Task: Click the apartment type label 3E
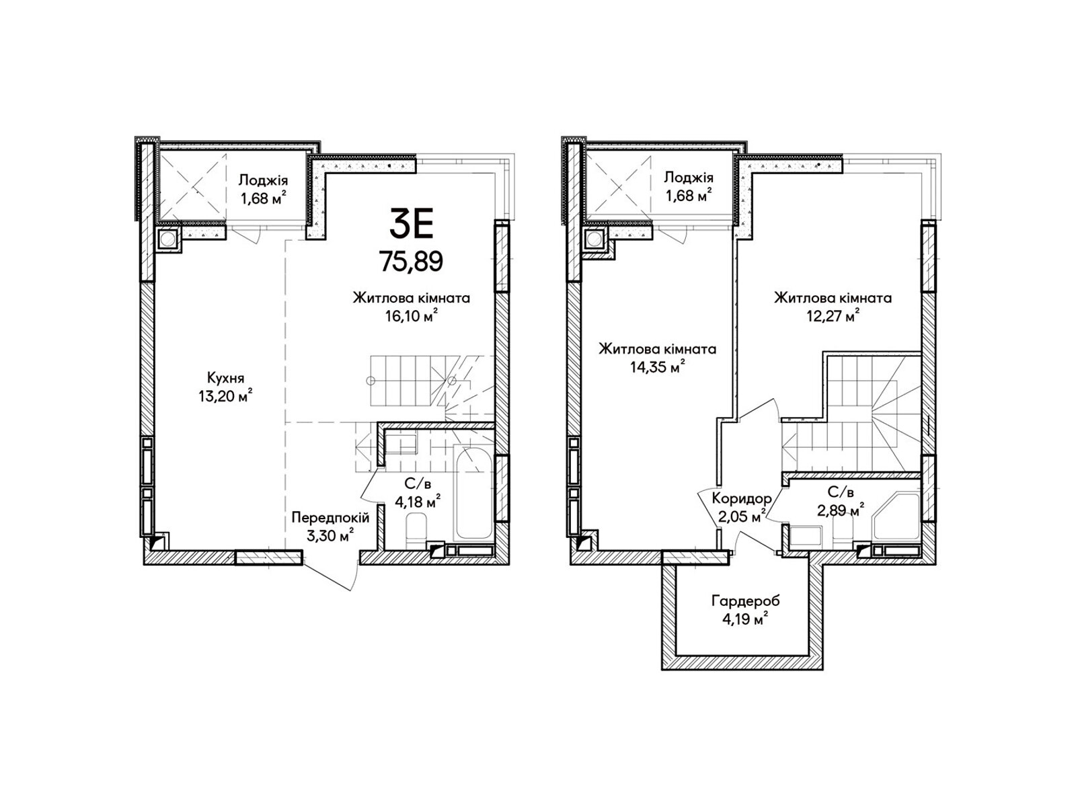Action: tap(412, 223)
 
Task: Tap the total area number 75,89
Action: tap(412, 261)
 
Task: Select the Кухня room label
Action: tap(225, 378)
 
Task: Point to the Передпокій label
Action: tap(330, 517)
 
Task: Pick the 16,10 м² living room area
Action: tap(412, 316)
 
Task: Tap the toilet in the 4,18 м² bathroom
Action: tap(417, 529)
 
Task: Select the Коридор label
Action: tap(742, 499)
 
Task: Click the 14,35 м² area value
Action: tap(657, 367)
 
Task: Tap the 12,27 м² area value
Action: tap(833, 316)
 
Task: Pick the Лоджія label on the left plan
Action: tap(263, 180)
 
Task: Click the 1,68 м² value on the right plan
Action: tap(689, 196)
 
